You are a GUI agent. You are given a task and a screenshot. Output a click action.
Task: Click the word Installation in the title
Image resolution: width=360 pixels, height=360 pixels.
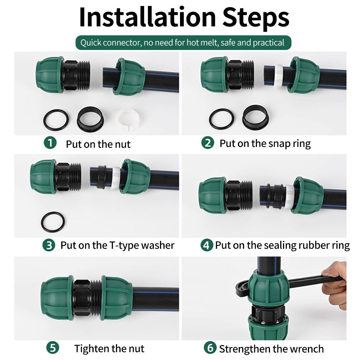coord(147,17)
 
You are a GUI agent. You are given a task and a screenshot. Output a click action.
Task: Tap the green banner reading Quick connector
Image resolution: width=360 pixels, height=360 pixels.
coord(183,43)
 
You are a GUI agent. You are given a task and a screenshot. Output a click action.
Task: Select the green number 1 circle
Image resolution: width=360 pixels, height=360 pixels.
coord(50,143)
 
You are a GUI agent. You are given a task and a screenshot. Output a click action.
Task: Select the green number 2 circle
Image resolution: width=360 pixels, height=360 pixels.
coord(207,143)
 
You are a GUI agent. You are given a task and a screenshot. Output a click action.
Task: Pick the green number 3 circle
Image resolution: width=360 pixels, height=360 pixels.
coord(49,245)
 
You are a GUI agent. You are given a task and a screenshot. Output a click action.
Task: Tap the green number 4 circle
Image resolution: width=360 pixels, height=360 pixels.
coord(206,245)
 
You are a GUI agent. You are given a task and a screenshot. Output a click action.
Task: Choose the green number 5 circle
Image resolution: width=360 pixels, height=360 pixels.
coord(53,348)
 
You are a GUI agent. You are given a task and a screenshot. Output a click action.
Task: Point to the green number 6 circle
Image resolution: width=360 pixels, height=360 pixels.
coord(210,348)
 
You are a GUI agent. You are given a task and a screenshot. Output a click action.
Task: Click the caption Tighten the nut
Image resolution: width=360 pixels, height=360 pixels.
coord(109,348)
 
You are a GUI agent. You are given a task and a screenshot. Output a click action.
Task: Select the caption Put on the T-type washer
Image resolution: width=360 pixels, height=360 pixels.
coord(117,245)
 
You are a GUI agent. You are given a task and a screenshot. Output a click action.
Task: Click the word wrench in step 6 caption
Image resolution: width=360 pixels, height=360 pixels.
coord(307,349)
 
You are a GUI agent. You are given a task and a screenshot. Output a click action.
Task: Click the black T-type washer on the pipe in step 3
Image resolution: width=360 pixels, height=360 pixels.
coord(101,177)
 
